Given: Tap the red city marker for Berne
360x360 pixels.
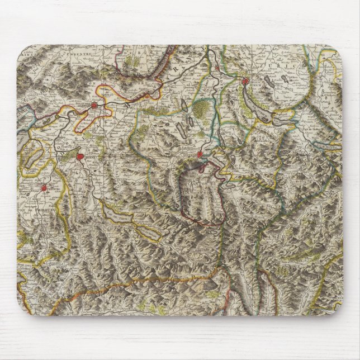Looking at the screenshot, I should pos(80,157).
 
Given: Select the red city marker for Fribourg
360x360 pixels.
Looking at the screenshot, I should pos(45,189).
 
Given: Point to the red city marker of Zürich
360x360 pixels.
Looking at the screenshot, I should pos(244,82).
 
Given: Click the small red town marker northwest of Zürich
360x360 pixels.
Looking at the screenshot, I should pos(217,68).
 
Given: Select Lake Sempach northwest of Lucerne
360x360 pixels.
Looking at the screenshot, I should pos(185,132).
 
